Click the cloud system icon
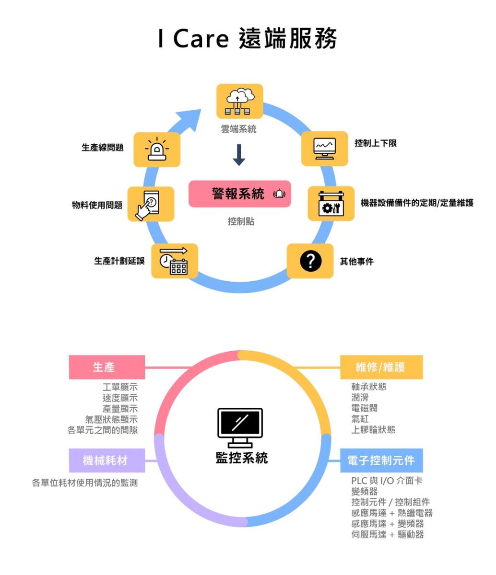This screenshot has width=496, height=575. pyautogui.click(x=239, y=101)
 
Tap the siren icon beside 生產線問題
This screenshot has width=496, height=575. pyautogui.click(x=156, y=149)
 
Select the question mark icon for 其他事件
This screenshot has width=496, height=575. pyautogui.click(x=310, y=261)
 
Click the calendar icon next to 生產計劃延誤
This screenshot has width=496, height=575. pyautogui.click(x=174, y=261)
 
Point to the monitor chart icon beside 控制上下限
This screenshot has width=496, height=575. pyautogui.click(x=324, y=149)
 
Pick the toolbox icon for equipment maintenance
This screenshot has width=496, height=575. pyautogui.click(x=331, y=204)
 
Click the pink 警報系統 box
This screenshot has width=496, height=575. pyautogui.click(x=239, y=194)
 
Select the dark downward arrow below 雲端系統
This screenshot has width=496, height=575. pyautogui.click(x=239, y=155)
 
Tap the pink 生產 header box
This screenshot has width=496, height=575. pyautogui.click(x=107, y=367)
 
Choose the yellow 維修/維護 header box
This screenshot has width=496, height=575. pyautogui.click(x=381, y=367)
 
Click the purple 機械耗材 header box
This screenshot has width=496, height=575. pyautogui.click(x=107, y=460)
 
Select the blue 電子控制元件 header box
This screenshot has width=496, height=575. pyautogui.click(x=381, y=460)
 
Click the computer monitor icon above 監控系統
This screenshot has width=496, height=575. pyautogui.click(x=240, y=426)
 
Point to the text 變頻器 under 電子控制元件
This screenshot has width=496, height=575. pyautogui.click(x=365, y=492)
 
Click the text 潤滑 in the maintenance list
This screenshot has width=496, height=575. pyautogui.click(x=360, y=397)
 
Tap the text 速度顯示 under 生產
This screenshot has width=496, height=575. pyautogui.click(x=120, y=398)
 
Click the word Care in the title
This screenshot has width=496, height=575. pyautogui.click(x=201, y=39)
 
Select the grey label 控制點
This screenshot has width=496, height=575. pyautogui.click(x=241, y=221)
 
